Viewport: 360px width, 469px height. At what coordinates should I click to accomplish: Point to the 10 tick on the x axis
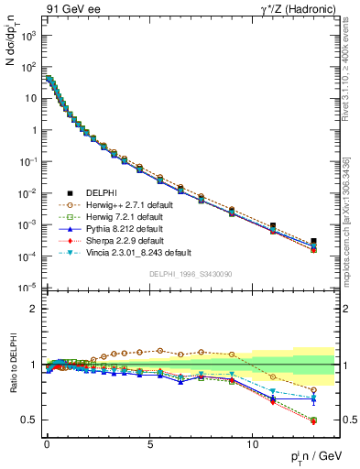tap(252, 442)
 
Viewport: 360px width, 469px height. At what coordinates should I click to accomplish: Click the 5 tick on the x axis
tap(149, 442)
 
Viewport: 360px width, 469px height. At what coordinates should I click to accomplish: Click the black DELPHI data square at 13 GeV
tap(313, 241)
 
